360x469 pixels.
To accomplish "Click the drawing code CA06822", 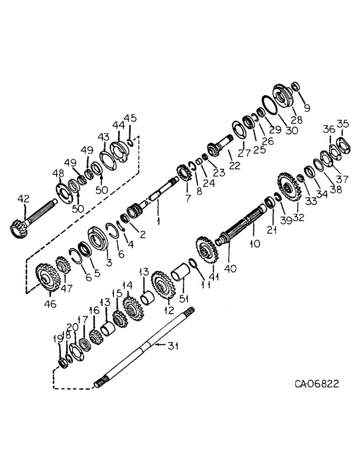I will pyautogui.click(x=316, y=384).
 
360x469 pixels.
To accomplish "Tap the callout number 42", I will pyautogui.click(x=22, y=200).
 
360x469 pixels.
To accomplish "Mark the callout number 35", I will pyautogui.click(x=343, y=124).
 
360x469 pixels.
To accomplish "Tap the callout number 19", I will pyautogui.click(x=58, y=338).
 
